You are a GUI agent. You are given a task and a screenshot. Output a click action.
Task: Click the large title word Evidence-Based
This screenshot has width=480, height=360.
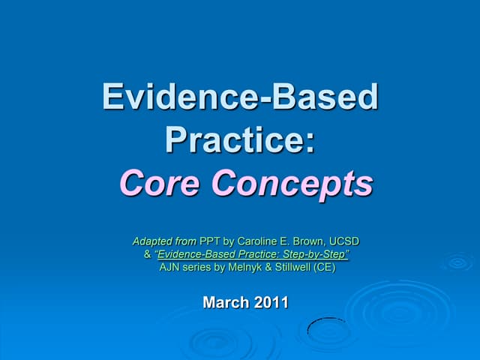[240, 97]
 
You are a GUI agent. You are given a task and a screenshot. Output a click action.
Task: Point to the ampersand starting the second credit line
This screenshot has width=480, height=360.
[148, 255]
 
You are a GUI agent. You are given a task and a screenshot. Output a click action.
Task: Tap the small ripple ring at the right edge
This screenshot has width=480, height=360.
[457, 262]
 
